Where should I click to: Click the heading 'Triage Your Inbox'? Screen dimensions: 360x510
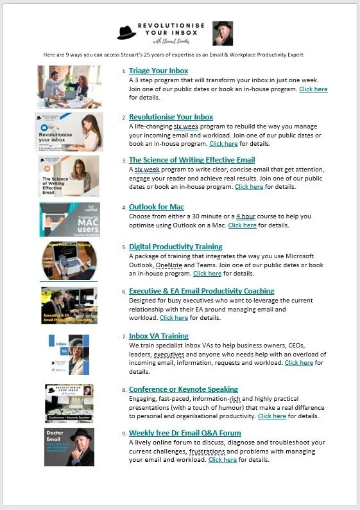pos(159,71)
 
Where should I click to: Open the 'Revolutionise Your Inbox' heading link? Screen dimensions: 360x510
pos(171,117)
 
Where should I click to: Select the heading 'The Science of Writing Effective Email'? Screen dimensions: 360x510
pos(192,160)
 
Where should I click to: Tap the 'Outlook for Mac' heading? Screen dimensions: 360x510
pos(157,207)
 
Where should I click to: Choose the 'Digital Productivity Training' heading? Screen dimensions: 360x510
pos(176,247)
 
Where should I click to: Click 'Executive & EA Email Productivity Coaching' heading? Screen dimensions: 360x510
pos(201,291)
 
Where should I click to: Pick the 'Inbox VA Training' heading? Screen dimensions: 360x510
pos(159,336)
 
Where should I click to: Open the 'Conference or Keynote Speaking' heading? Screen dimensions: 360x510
pos(184,389)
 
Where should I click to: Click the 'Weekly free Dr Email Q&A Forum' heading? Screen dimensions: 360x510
pos(185,433)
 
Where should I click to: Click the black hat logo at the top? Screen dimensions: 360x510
pos(128,32)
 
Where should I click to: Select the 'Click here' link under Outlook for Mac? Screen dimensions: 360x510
pos(242,225)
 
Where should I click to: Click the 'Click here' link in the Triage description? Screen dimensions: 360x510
pos(313,89)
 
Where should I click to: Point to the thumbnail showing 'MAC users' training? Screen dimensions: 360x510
pos(69,220)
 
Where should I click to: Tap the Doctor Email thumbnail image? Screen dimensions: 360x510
pos(69,446)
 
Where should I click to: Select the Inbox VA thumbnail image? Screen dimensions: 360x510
pos(69,355)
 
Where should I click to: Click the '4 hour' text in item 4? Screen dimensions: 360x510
pos(246,216)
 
